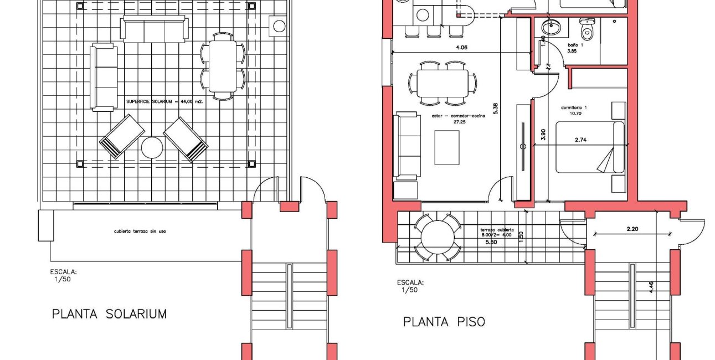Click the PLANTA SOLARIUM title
[x=109, y=314]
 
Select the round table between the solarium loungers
[x=152, y=148]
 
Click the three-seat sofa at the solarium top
[x=154, y=29]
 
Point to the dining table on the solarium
[x=222, y=66]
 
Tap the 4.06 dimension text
[x=461, y=48]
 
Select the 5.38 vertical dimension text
[x=496, y=109]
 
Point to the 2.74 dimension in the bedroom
[x=580, y=140]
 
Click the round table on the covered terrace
[x=438, y=238]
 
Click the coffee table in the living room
[x=447, y=147]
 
